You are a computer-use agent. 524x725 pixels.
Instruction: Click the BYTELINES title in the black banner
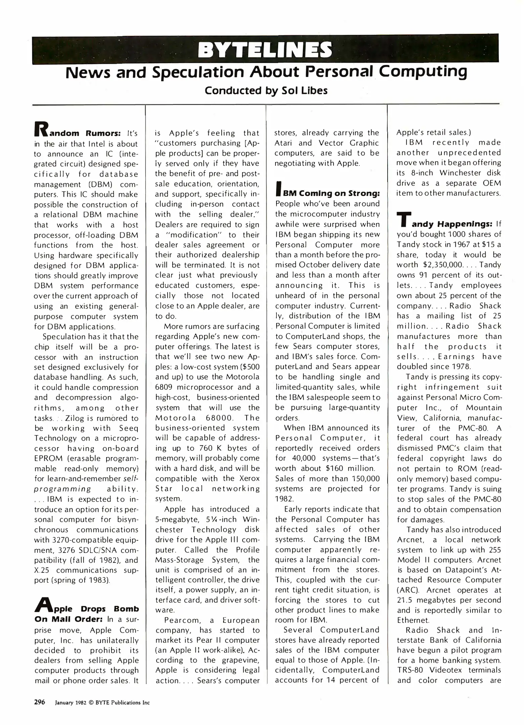pyautogui.click(x=265, y=50)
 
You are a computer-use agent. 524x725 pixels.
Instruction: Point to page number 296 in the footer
pyautogui.click(x=40, y=703)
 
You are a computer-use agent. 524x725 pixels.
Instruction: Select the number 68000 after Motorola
pyautogui.click(x=218, y=418)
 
